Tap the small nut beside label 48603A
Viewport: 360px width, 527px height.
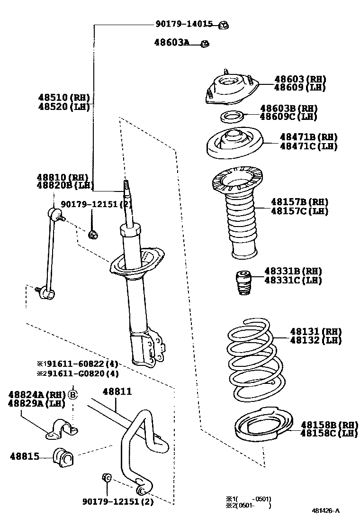coord(205,44)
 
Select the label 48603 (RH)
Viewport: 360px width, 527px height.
coord(300,79)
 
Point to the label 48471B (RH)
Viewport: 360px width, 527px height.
coord(308,137)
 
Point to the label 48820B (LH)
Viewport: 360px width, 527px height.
coord(64,185)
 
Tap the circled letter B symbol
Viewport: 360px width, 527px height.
coord(72,394)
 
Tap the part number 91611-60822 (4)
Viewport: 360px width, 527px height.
coord(78,364)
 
